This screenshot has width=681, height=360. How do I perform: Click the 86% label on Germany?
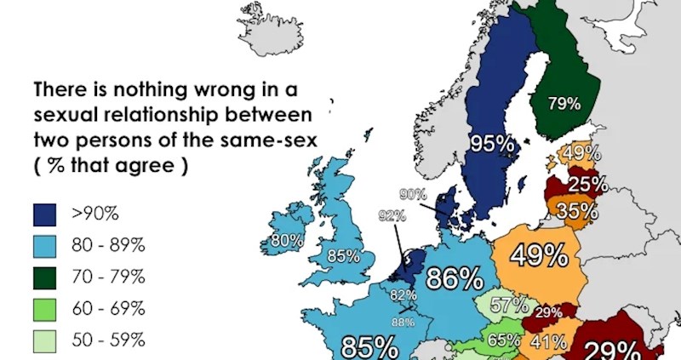pos(457,279)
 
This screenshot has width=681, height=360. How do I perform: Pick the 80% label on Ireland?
pos(286,242)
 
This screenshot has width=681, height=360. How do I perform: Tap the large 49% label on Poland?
pos(539,255)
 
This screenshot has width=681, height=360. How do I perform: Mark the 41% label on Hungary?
pos(545,342)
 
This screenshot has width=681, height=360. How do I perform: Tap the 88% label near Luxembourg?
pos(403,321)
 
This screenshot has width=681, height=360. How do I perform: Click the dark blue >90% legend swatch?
pos(44,214)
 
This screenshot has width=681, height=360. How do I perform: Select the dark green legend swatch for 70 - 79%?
pos(44,277)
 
